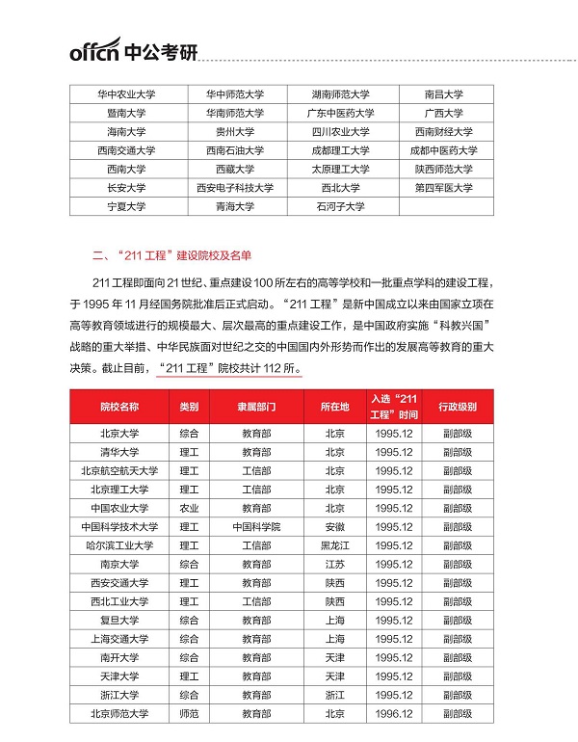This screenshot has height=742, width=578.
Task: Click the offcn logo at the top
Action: point(133,49)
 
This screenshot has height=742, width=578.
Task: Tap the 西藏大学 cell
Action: point(235,169)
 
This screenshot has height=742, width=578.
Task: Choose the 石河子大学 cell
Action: point(340,206)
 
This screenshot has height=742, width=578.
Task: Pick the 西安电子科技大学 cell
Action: point(235,188)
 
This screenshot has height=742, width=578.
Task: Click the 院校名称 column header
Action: point(119,407)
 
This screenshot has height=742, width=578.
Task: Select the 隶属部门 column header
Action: point(256,407)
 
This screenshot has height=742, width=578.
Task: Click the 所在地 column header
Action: point(334,407)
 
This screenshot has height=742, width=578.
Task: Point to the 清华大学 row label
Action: point(119,452)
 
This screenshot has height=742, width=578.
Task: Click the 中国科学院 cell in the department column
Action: point(256,527)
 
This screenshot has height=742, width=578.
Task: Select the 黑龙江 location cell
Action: point(334,545)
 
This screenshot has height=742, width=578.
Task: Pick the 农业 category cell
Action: point(189,508)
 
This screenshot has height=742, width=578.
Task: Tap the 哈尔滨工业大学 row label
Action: point(119,545)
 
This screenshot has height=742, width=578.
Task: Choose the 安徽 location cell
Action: point(334,527)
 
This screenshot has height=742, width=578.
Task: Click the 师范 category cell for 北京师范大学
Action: point(189,714)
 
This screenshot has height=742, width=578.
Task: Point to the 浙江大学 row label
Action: point(119,695)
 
